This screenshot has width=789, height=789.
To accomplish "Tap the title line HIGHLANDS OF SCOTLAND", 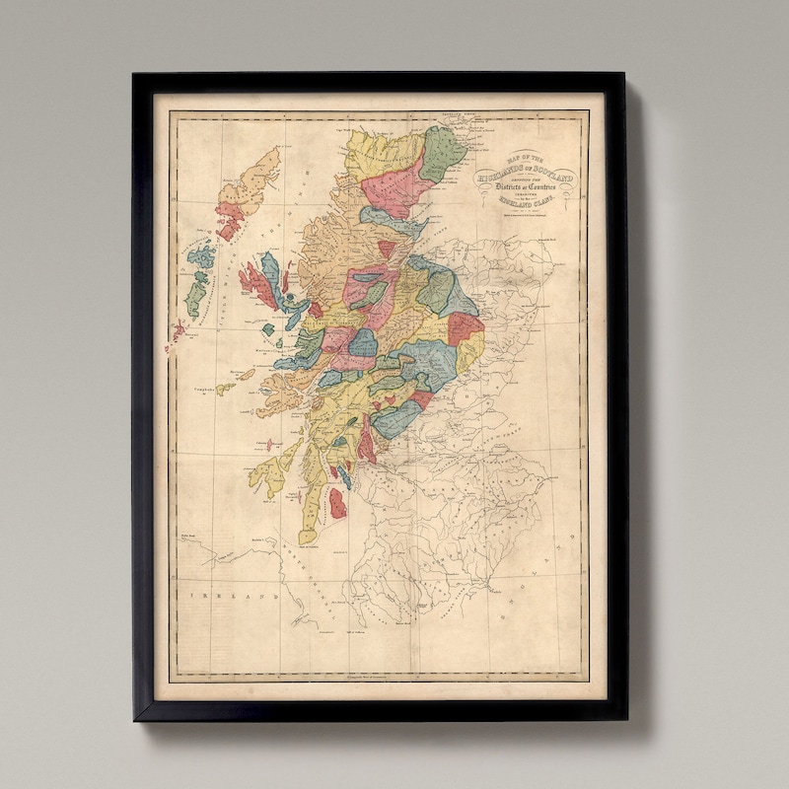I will point(527,178).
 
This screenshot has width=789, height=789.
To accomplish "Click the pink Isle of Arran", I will point(337,503).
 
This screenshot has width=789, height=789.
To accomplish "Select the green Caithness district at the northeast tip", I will point(440,153).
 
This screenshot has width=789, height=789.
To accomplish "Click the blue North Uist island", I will point(202,258).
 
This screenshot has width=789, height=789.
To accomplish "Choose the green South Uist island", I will point(195,294).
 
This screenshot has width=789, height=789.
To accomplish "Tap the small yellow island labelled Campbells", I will point(226,389).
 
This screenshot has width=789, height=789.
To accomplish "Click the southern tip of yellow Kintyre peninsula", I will point(307,538).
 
